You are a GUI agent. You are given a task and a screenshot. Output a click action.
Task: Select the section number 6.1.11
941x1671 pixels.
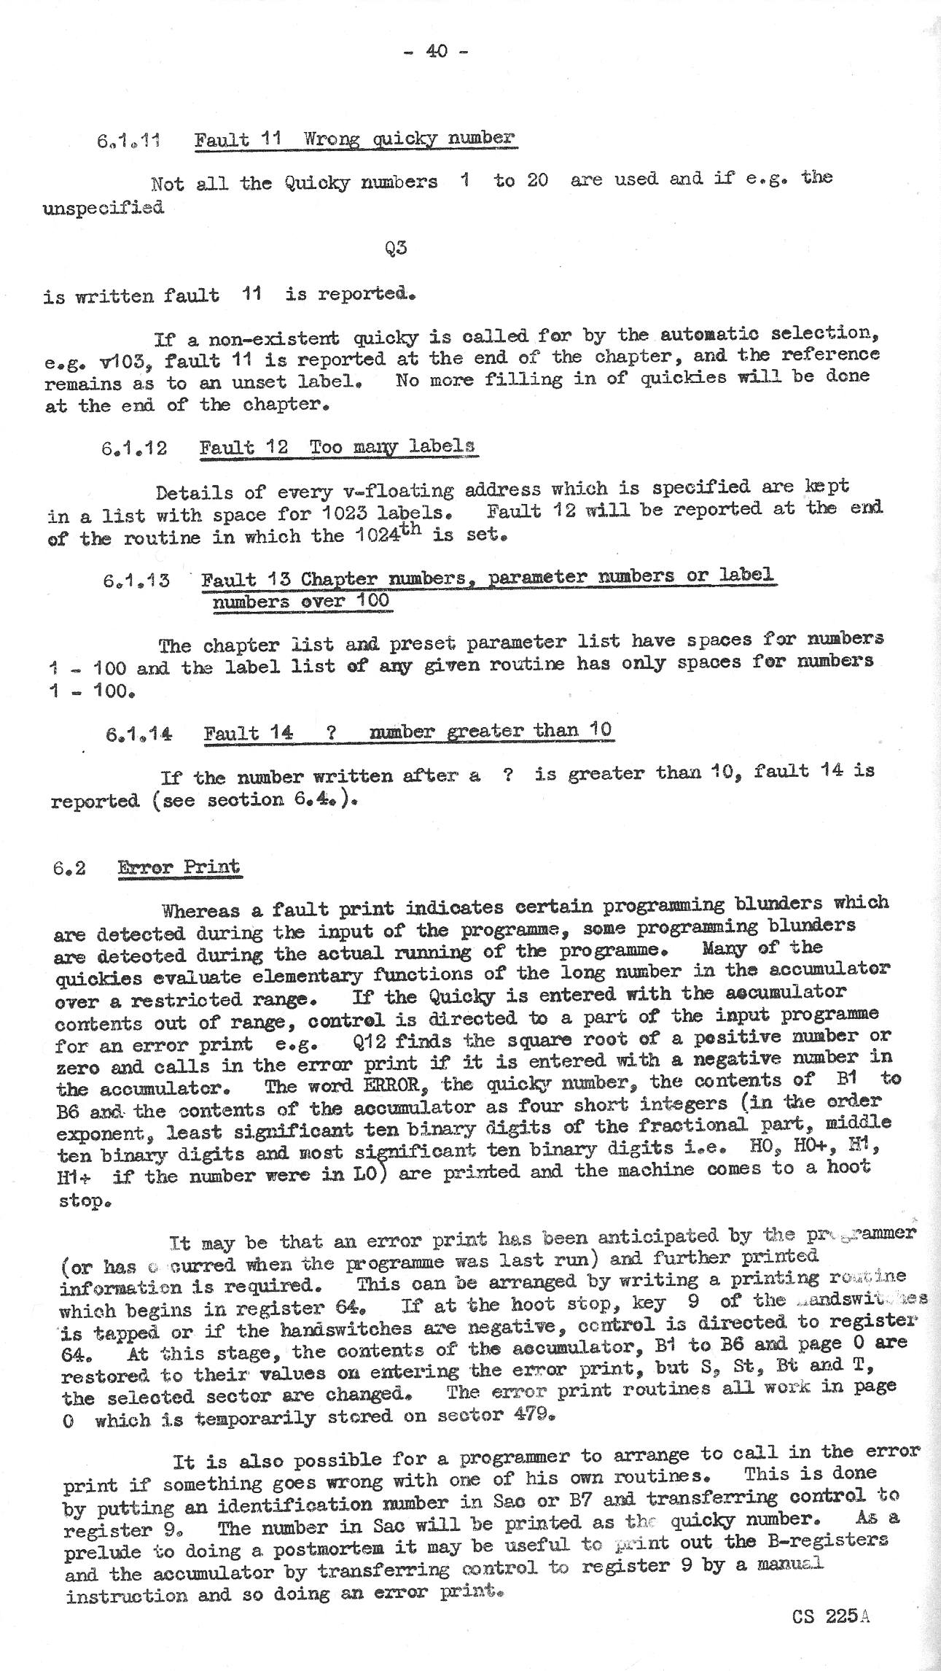(x=129, y=141)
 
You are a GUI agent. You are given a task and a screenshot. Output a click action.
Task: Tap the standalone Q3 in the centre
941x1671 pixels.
(x=396, y=248)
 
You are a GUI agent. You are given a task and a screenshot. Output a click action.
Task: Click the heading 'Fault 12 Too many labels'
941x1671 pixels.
(x=338, y=446)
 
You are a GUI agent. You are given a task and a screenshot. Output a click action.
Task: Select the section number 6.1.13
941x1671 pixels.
(x=136, y=581)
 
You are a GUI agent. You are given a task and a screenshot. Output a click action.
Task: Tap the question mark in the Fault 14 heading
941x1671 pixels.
(x=331, y=733)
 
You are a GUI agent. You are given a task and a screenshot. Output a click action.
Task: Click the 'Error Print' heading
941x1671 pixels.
(x=179, y=867)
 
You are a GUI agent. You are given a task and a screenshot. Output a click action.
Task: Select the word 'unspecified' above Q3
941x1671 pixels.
(x=104, y=207)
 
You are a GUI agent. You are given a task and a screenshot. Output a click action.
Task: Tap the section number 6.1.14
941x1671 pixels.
(x=139, y=734)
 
